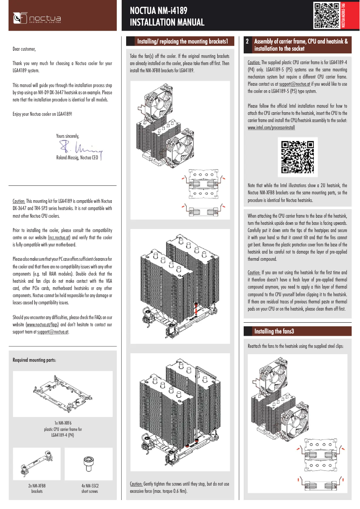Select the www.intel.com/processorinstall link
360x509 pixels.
point(271,127)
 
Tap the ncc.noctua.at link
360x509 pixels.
point(59,237)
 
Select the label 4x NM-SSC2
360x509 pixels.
point(89,486)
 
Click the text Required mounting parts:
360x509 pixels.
point(34,360)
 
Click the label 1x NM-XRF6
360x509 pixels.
point(62,423)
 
